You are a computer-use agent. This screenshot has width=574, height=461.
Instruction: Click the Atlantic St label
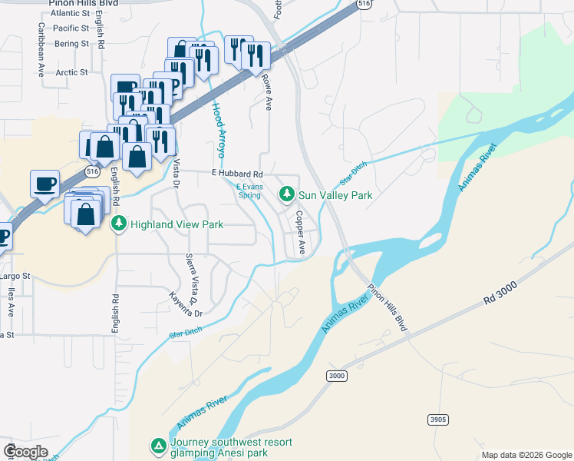(71, 14)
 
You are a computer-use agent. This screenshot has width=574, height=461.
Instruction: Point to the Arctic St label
(72, 73)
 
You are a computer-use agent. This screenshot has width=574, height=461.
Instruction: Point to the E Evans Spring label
(249, 191)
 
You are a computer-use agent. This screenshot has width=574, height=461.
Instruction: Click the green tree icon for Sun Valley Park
(287, 195)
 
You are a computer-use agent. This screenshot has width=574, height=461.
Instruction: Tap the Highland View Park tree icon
(119, 224)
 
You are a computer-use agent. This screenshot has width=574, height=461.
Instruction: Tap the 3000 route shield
(336, 376)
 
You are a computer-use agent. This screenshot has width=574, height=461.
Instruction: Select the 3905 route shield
(437, 419)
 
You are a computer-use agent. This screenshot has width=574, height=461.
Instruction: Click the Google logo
(25, 451)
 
